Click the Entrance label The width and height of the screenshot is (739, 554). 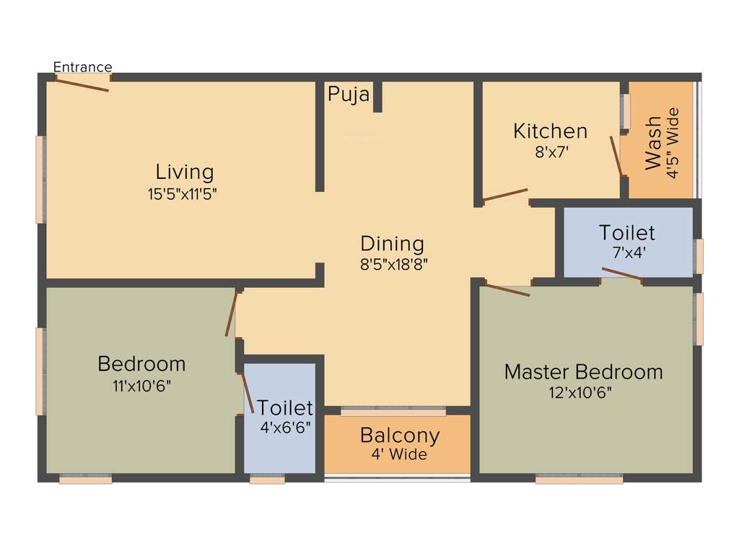[83, 67]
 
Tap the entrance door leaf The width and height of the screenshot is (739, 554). [82, 84]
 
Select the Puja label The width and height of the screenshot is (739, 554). [349, 94]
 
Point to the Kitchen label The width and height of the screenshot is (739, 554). [550, 131]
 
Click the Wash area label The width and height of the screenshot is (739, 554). [652, 143]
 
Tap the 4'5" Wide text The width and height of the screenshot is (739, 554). [673, 143]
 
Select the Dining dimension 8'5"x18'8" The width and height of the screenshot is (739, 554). [394, 264]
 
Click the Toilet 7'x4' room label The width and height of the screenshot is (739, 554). [626, 233]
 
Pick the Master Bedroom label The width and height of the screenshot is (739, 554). [583, 372]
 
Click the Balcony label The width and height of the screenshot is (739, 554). [400, 436]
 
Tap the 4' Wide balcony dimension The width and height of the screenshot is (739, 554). [399, 455]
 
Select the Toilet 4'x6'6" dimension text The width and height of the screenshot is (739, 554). [286, 426]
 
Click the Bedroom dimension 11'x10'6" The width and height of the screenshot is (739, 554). [141, 385]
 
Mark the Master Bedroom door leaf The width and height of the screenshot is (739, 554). [507, 290]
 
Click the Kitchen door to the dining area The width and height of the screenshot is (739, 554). [505, 195]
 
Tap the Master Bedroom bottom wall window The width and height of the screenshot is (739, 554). [579, 479]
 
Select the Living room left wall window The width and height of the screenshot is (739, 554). [40, 179]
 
